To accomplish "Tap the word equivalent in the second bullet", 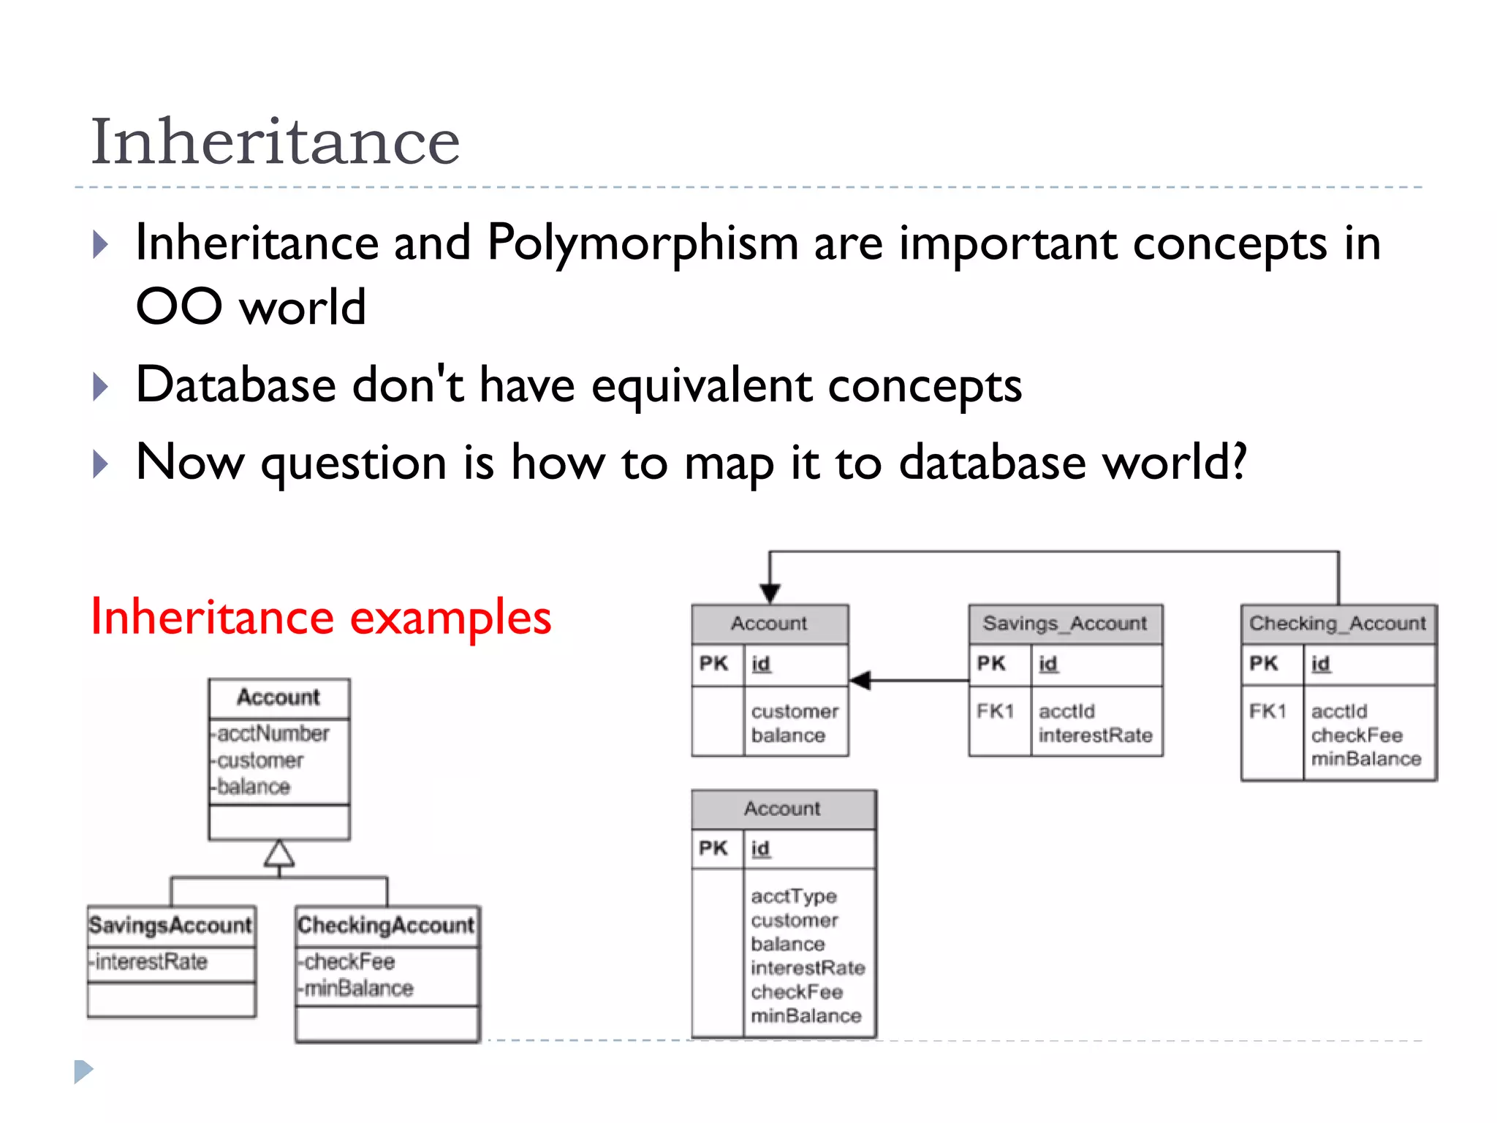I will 701,385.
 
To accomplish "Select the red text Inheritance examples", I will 320,617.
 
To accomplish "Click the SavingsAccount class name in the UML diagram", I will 170,926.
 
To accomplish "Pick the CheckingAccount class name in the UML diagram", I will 386,926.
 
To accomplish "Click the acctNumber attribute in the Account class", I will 273,733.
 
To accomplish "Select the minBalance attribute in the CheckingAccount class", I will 358,988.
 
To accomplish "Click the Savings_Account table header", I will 1064,624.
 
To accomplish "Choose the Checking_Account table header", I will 1337,624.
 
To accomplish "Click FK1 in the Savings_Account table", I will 995,711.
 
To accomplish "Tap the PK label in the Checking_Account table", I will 1263,664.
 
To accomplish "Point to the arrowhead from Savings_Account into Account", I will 860,681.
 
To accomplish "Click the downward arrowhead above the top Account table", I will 770,593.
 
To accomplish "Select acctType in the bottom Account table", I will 793,896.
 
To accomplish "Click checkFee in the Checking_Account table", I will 1356,736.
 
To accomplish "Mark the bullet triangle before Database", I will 101,387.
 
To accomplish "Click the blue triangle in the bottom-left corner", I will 83,1071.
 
